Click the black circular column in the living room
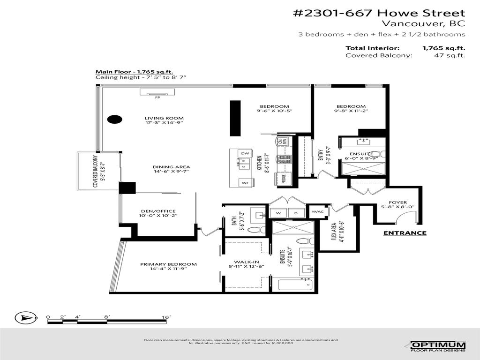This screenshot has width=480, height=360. click(114, 119)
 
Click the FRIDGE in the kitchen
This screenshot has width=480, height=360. click(284, 179)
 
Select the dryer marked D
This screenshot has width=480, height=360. click(296, 213)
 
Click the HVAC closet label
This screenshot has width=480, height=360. click(317, 212)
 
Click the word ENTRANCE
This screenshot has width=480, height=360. click(405, 233)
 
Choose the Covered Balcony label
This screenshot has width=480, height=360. click(95, 172)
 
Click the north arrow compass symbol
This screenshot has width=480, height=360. click(26, 319)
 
